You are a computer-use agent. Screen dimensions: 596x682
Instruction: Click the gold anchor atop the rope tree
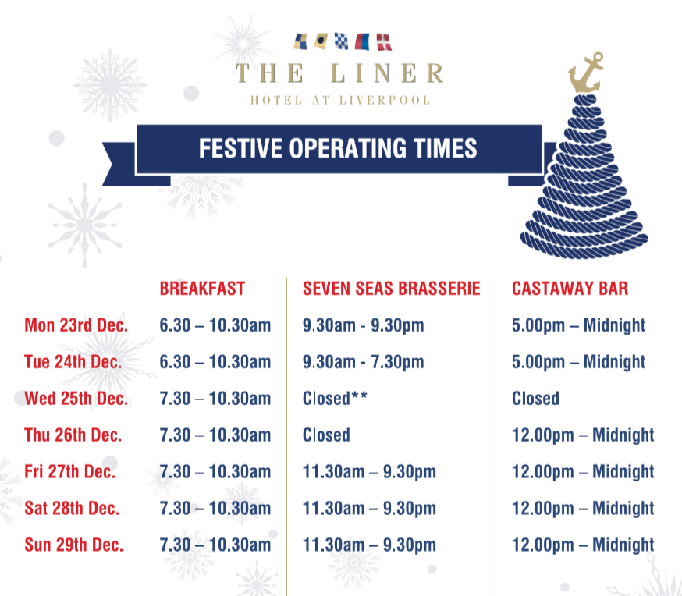[585, 75]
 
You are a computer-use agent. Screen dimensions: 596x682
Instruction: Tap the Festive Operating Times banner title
[338, 147]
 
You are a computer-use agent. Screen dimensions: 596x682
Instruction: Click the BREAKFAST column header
[202, 289]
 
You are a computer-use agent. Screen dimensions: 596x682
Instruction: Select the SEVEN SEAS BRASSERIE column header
[391, 289]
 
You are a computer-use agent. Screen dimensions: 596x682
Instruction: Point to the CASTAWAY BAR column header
[570, 289]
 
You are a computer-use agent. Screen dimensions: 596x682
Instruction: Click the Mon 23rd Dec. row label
[76, 325]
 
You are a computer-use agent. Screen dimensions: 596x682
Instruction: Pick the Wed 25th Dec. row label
[76, 399]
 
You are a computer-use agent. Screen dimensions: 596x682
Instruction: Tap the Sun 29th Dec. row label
[74, 545]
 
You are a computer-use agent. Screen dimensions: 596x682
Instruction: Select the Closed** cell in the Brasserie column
[335, 399]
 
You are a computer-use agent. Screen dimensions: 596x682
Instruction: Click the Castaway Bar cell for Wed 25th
[535, 399]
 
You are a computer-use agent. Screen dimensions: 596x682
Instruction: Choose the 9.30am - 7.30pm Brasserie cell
[363, 362]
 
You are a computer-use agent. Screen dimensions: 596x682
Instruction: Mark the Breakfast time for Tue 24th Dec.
[215, 362]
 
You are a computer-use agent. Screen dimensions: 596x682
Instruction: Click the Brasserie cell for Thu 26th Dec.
[326, 435]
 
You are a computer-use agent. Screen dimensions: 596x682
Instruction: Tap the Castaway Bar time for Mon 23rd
[578, 325]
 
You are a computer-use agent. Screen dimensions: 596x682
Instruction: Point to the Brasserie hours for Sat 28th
[369, 508]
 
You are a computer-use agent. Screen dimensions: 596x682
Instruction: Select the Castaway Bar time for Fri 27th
[583, 471]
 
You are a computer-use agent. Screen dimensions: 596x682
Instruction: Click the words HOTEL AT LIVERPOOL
[340, 100]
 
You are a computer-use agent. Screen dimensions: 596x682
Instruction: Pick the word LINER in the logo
[387, 74]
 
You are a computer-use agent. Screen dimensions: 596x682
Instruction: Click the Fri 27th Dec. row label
[70, 471]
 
